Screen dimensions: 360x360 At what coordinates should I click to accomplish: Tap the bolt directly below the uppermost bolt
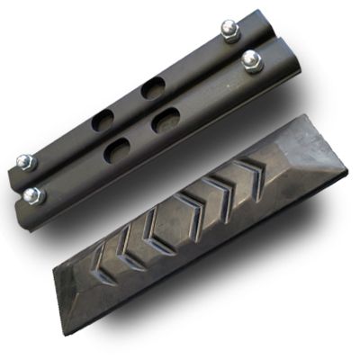tap(251, 61)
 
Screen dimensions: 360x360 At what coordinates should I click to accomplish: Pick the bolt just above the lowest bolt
tap(24, 163)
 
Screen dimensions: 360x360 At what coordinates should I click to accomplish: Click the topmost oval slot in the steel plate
tap(153, 88)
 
